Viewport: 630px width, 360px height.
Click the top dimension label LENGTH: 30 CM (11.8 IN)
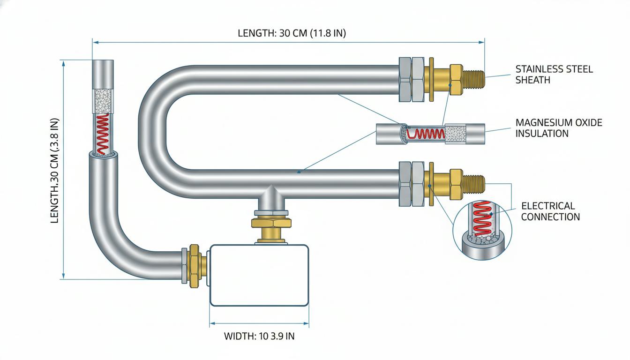[x=292, y=33]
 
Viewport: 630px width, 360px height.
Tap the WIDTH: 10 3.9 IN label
[x=259, y=336]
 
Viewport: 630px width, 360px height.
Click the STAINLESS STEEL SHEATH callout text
[x=554, y=75]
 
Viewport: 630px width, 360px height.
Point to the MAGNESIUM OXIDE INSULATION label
[x=559, y=128]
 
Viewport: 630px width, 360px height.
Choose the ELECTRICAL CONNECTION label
[x=550, y=211]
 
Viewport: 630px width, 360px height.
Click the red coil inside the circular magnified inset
[x=483, y=218]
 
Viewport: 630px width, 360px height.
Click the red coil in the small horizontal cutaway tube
[x=426, y=133]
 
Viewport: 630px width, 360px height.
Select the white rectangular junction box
[x=259, y=275]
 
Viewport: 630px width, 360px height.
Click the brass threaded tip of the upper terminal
[x=473, y=79]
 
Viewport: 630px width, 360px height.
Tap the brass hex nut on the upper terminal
[x=456, y=79]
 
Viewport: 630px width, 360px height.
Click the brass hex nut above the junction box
[x=271, y=223]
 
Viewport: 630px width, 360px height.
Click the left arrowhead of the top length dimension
[x=95, y=43]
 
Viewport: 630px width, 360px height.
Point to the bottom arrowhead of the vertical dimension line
[x=63, y=276]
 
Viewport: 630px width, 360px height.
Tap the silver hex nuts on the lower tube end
[x=412, y=184]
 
